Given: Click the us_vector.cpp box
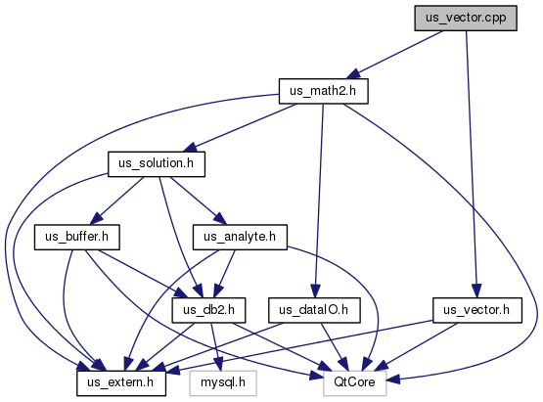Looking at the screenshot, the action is click(x=466, y=18).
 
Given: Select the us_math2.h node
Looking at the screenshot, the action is click(x=324, y=91).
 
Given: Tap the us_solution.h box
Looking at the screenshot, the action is click(x=157, y=164).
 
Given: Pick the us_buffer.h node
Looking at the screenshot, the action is click(x=77, y=237).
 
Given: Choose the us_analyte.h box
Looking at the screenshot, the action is click(x=240, y=237).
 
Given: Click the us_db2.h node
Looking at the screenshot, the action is click(x=208, y=310).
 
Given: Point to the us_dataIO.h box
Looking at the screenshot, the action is click(x=314, y=310).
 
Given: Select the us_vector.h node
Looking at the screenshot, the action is click(x=476, y=310).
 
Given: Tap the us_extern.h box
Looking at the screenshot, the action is click(x=121, y=383).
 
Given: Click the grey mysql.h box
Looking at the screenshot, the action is click(x=223, y=383).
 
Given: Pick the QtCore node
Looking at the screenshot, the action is click(x=354, y=383).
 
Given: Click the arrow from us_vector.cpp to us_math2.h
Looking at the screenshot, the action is click(x=395, y=55).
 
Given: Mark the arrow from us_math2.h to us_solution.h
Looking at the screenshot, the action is click(x=240, y=128).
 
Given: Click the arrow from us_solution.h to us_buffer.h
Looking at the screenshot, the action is click(x=117, y=201).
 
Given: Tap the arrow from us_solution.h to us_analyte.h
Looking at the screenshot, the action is click(x=198, y=201).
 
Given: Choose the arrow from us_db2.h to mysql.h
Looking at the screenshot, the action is click(x=216, y=347).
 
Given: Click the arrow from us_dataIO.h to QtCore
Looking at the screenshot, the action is click(x=335, y=347).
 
